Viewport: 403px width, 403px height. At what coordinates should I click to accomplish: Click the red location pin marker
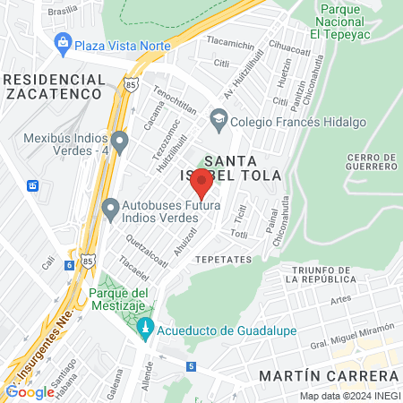coord(201,184)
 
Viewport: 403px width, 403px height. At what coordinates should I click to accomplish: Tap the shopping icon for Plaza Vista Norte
coord(63,41)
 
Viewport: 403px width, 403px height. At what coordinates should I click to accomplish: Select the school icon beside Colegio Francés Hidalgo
coord(218,119)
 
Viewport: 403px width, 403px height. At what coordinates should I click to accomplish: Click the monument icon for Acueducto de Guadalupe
coord(145,330)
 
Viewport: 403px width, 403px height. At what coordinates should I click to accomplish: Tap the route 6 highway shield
coord(70,265)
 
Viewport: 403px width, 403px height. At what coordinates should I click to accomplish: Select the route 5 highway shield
coord(191,366)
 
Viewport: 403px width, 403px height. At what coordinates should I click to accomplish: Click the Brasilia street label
coord(62,12)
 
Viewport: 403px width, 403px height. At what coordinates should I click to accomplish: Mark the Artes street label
coord(339,302)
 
